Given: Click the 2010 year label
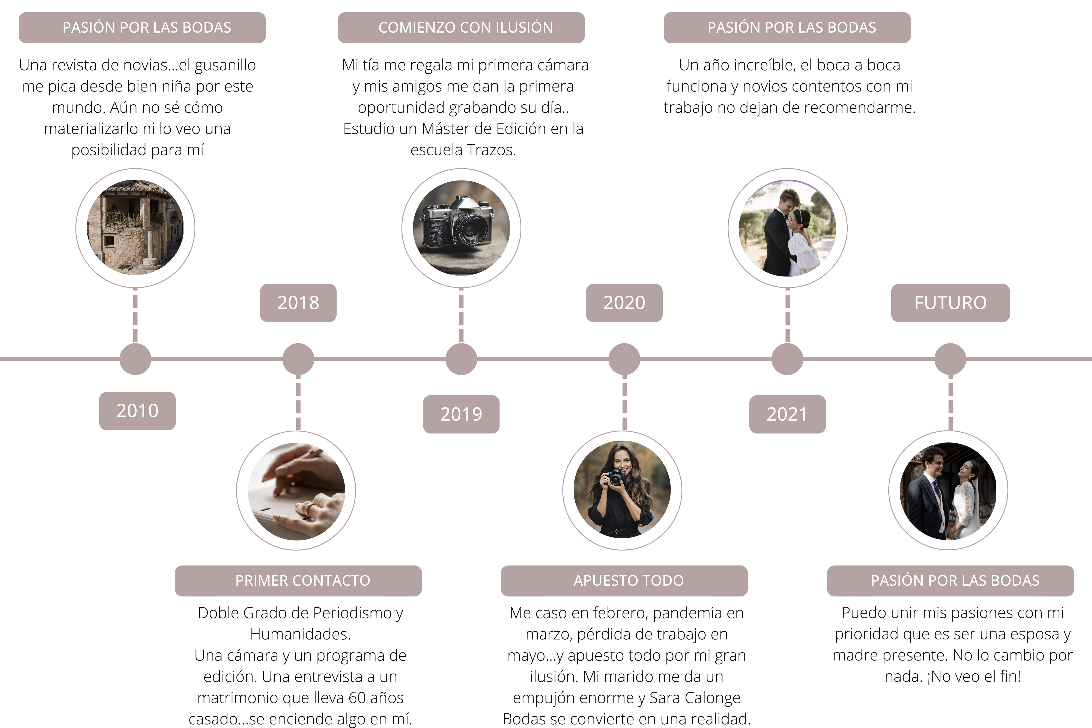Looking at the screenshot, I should [x=137, y=411].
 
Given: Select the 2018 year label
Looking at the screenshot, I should [x=298, y=303].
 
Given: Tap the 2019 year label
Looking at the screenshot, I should [x=461, y=414].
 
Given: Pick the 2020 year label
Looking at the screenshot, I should [x=624, y=303].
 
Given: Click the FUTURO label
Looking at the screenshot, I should [x=950, y=303].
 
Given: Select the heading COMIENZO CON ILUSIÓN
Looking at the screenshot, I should [x=466, y=28].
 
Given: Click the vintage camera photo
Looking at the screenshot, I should [x=461, y=228].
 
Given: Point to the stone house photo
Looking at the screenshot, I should [x=135, y=228].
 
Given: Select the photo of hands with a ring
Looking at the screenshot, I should [x=296, y=491].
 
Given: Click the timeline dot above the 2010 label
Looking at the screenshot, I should [x=135, y=359].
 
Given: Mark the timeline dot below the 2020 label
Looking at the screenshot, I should [x=624, y=359].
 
